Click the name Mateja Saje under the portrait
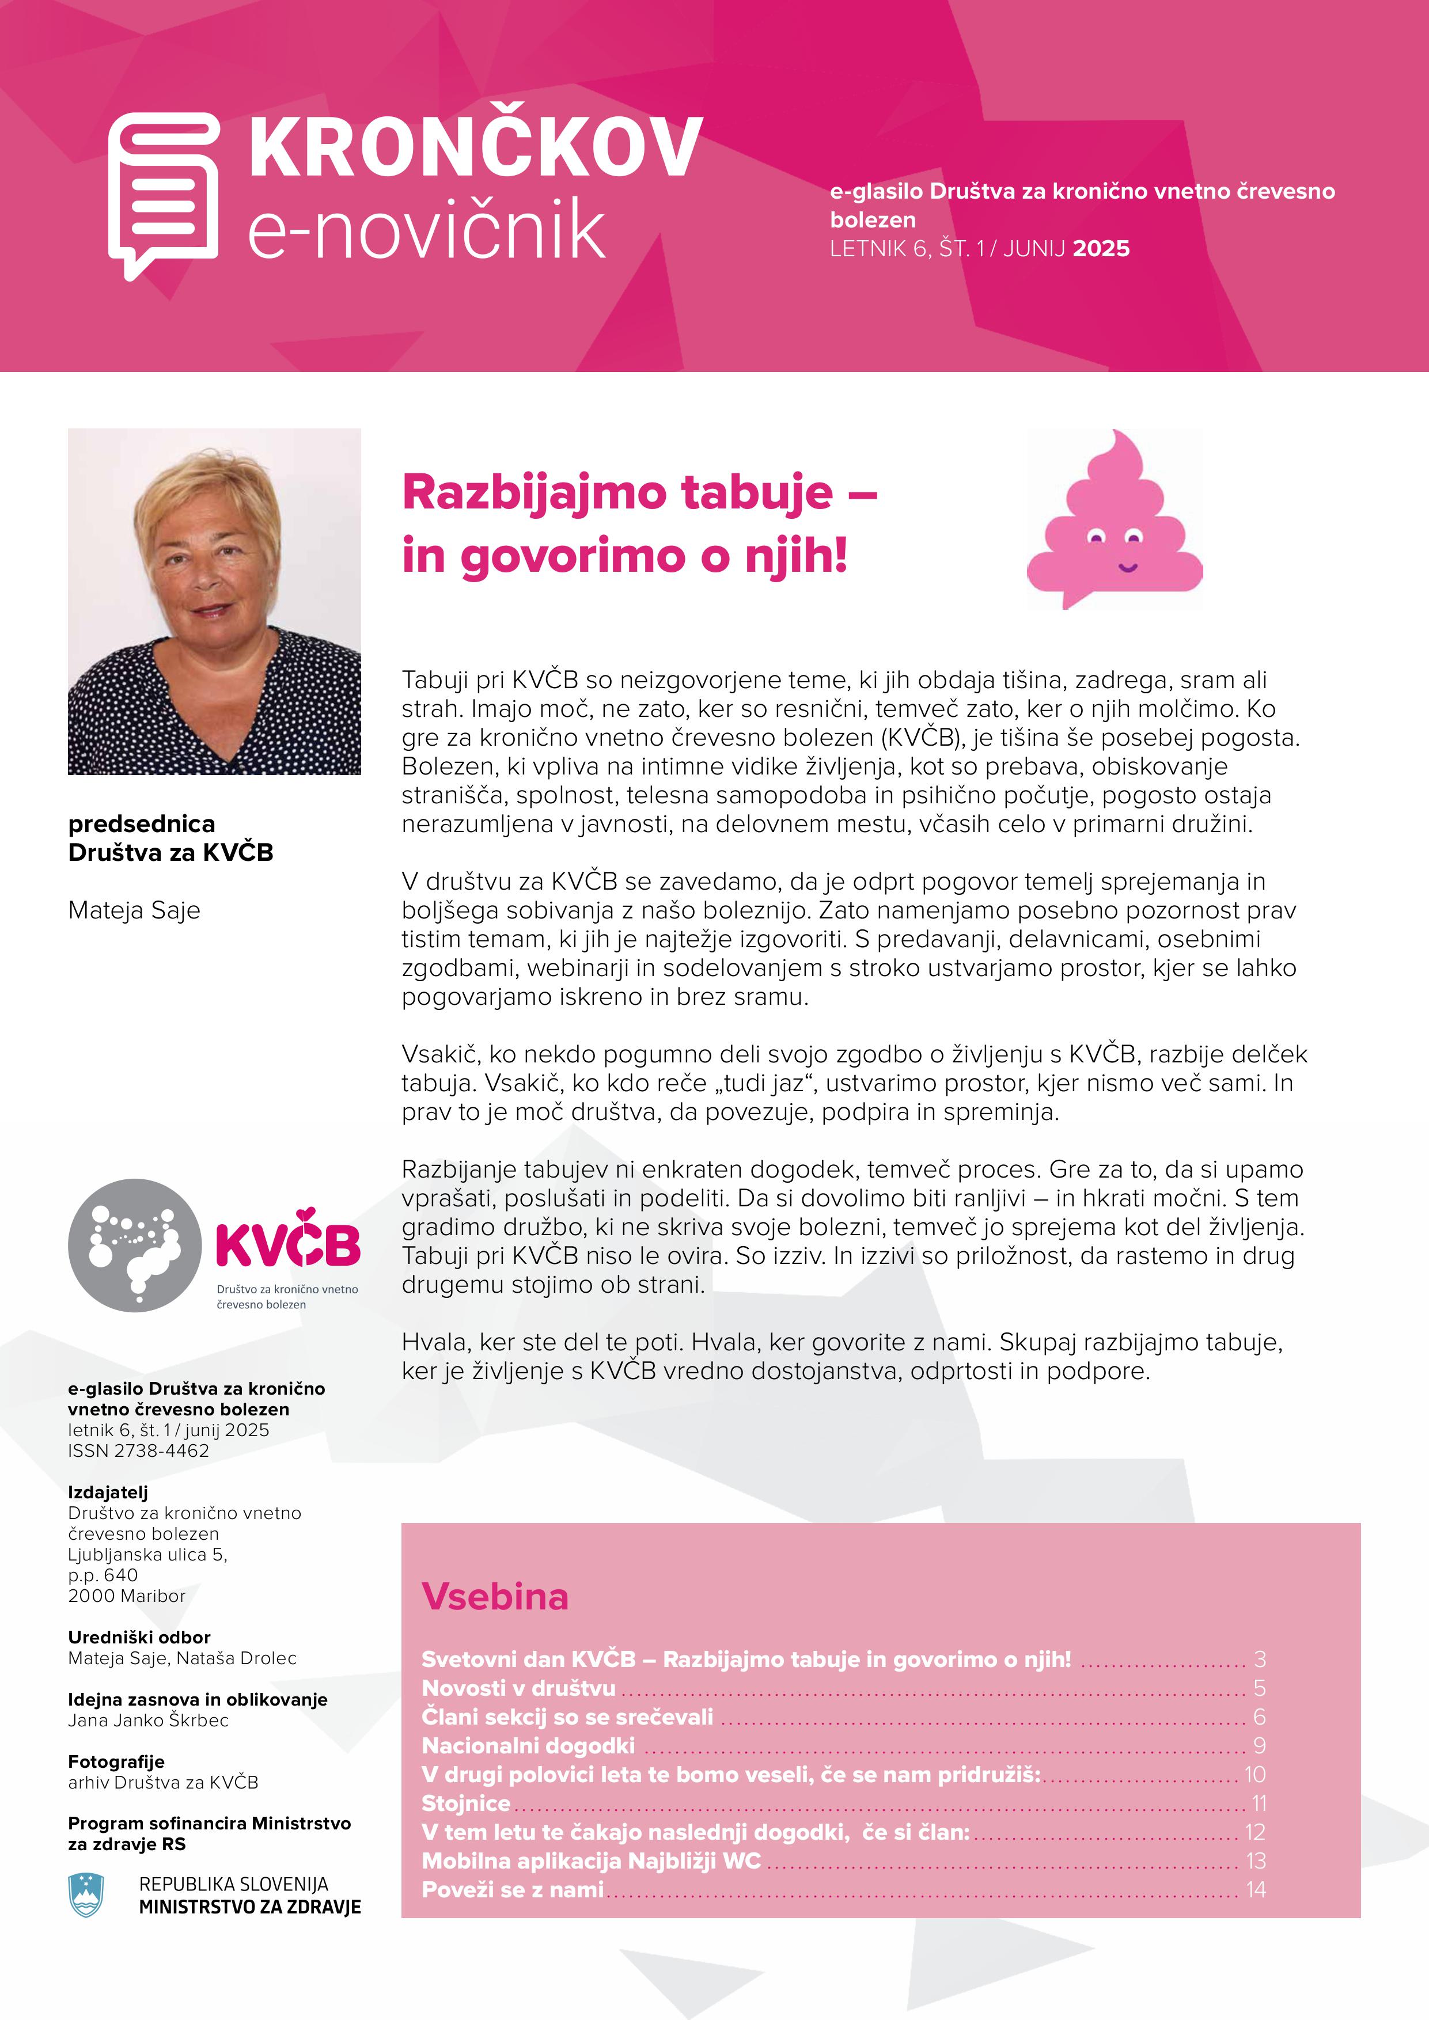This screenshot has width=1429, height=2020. click(134, 910)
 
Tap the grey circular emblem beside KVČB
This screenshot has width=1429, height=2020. click(135, 1245)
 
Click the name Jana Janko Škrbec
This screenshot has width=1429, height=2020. click(148, 1720)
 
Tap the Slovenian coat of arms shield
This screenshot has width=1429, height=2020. click(86, 1895)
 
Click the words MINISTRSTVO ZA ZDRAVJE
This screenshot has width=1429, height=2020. click(250, 1907)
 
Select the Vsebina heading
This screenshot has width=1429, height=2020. click(495, 1596)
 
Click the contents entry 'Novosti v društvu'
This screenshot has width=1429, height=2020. click(518, 1687)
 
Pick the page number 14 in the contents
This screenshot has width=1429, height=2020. click(1256, 1889)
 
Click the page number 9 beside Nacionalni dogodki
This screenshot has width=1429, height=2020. click(1259, 1745)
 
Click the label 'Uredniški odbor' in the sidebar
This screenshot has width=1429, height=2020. click(139, 1637)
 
